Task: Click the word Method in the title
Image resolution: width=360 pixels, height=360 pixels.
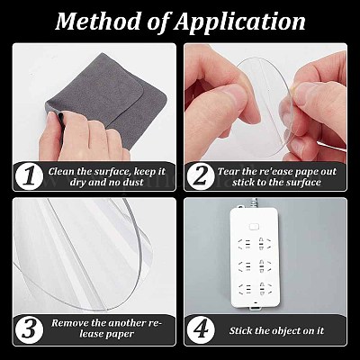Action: tap(98, 21)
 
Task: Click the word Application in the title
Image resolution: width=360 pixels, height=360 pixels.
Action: tap(239, 22)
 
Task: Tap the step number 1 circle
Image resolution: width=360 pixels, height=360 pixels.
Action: tap(29, 177)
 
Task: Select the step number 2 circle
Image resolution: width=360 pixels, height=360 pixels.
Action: tap(200, 177)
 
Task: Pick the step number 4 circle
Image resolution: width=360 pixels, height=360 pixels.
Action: tap(200, 330)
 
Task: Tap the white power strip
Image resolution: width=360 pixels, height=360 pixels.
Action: tap(255, 257)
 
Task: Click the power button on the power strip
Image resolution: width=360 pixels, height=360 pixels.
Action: tap(255, 226)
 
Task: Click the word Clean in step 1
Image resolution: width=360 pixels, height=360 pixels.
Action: tap(61, 171)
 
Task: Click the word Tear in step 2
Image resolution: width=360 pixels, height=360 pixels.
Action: tap(229, 171)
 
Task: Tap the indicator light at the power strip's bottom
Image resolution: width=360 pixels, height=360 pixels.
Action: tap(256, 303)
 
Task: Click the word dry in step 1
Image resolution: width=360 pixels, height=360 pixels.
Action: tap(78, 183)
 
